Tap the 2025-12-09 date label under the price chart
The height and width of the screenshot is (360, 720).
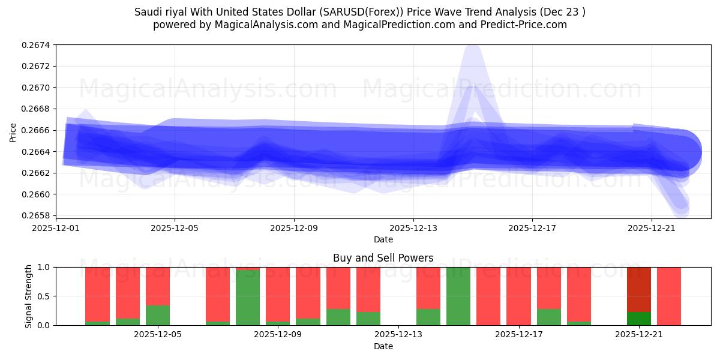(294, 228)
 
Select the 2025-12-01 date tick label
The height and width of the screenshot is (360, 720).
(56, 228)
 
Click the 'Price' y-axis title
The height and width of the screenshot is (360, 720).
(13, 133)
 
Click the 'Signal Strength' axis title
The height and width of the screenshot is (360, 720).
(29, 296)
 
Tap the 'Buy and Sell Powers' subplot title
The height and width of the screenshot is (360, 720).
(383, 258)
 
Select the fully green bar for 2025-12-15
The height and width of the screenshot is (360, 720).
(458, 296)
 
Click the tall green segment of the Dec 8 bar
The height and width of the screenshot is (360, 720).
(248, 298)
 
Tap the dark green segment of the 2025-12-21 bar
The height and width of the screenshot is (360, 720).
(639, 319)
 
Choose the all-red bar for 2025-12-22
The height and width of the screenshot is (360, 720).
(669, 296)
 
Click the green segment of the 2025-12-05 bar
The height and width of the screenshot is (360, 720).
(158, 315)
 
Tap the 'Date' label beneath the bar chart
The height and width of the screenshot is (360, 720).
(383, 346)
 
